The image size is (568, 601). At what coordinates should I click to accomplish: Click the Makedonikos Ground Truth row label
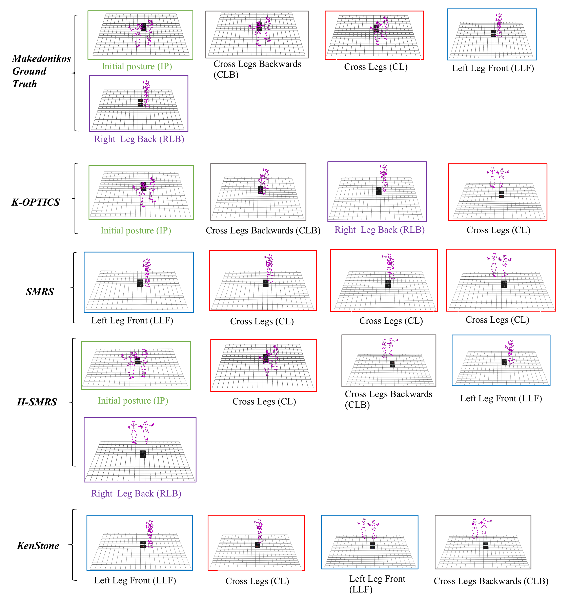[41, 71]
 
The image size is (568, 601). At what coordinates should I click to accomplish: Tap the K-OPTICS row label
[36, 202]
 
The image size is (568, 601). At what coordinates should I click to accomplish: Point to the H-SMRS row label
[37, 402]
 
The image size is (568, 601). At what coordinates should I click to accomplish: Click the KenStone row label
[38, 546]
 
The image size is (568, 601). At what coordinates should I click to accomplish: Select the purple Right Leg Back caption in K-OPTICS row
[379, 230]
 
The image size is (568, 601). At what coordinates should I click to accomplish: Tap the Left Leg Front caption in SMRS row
[132, 320]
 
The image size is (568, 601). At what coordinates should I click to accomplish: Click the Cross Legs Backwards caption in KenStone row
[491, 581]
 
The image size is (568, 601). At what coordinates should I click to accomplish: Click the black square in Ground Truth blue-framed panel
[493, 34]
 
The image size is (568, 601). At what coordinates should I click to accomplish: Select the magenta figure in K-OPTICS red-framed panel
[498, 177]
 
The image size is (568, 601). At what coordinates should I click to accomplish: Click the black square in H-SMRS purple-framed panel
[143, 454]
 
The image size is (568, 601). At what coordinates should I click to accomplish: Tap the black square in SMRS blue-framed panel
[140, 283]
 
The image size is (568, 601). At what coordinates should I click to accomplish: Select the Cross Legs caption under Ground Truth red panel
[376, 67]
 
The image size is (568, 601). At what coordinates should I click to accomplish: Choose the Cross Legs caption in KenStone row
[257, 581]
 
